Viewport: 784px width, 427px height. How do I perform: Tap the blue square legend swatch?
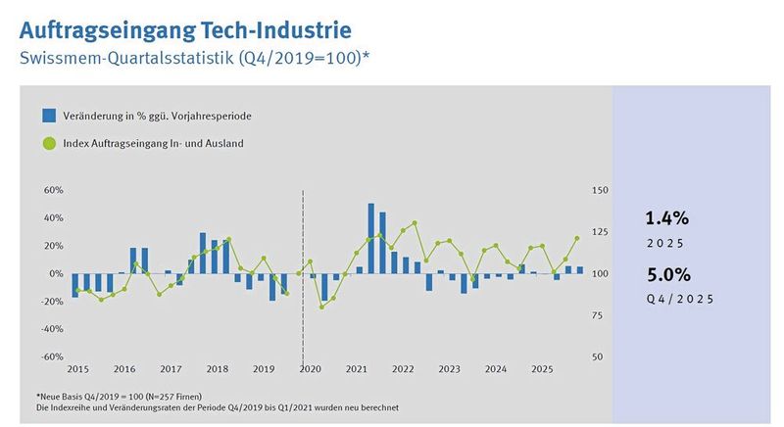pyautogui.click(x=49, y=116)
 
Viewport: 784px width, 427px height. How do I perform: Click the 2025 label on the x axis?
pyautogui.click(x=540, y=369)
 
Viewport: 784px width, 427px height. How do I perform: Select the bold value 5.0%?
pyautogui.click(x=667, y=274)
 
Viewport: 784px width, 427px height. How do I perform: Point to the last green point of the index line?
pyautogui.click(x=577, y=238)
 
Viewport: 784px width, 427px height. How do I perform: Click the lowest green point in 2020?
pyautogui.click(x=321, y=308)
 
